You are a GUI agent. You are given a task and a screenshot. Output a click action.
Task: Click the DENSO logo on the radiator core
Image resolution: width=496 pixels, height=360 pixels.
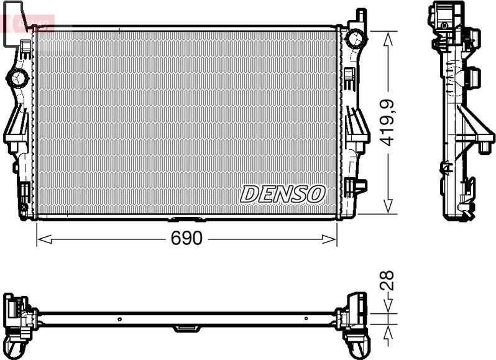pos(282,194)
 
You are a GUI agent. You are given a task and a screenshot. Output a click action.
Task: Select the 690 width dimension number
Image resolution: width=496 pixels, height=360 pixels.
pos(187,239)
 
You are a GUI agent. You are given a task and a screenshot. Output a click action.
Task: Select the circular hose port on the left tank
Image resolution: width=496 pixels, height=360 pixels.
pos(16,78)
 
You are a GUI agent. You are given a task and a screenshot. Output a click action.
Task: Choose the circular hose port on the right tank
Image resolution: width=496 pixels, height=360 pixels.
pos(356,39)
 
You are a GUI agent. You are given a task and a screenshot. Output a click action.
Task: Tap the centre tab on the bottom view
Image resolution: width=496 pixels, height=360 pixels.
pos(185,327)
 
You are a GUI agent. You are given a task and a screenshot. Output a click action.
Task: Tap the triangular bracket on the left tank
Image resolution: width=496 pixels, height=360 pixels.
pos(16,127)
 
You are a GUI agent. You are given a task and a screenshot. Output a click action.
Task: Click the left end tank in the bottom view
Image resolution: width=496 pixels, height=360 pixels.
pos(17,317)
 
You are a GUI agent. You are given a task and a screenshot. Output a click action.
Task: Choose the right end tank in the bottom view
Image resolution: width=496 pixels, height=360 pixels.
pos(356,317)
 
